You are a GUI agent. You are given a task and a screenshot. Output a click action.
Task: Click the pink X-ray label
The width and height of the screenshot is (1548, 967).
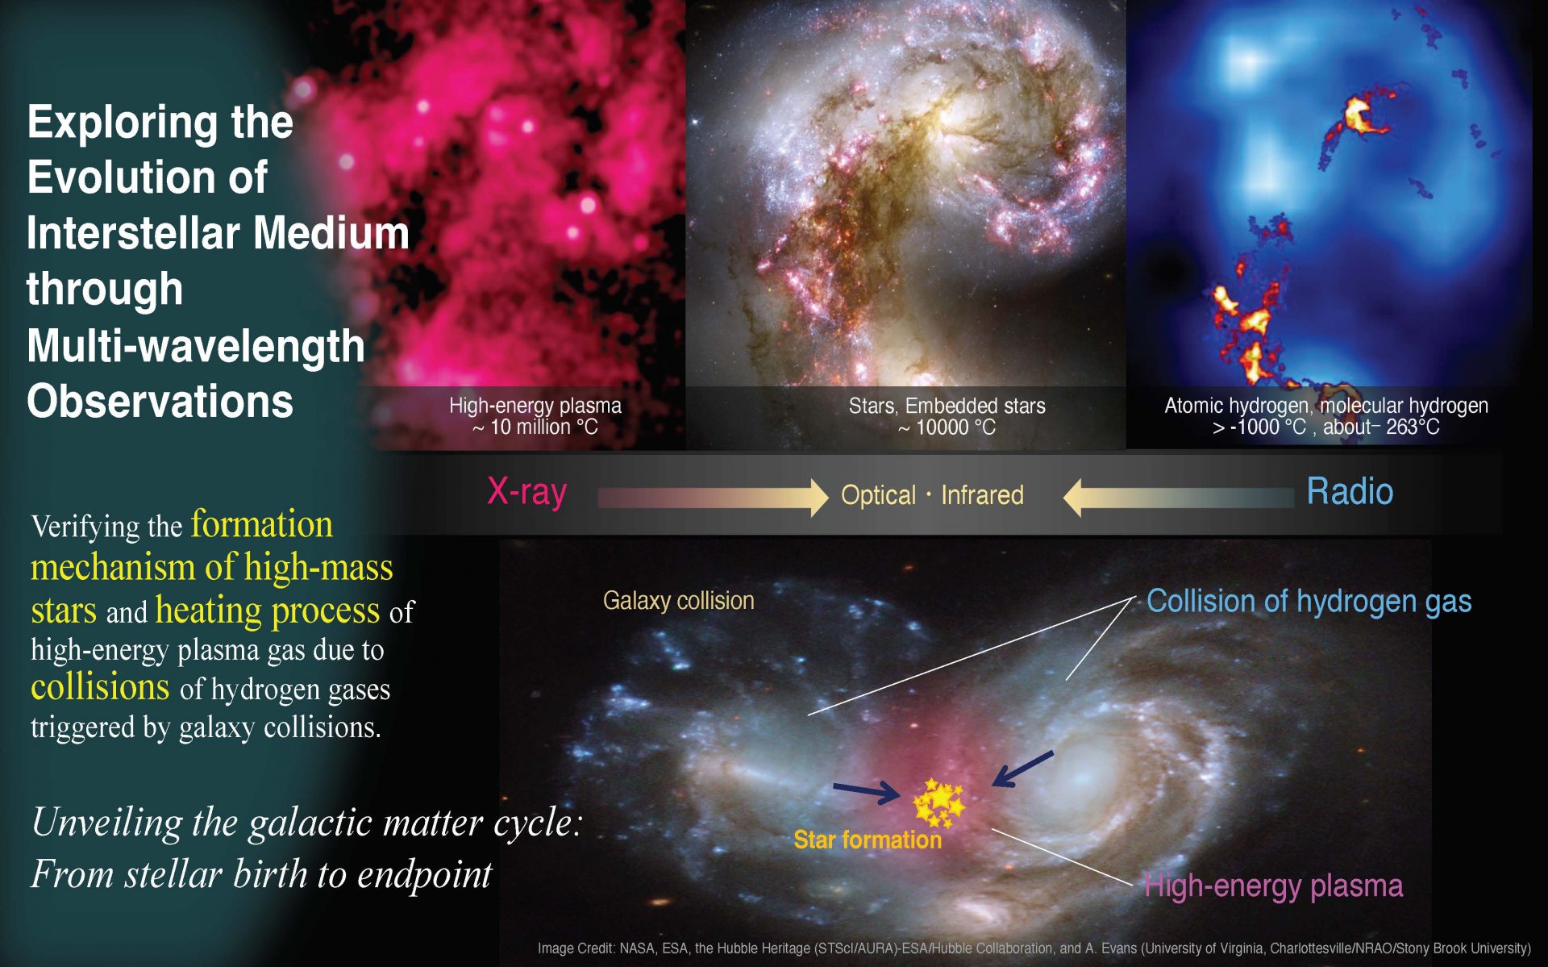click(x=527, y=492)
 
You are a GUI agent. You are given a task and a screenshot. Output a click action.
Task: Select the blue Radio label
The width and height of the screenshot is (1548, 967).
click(x=1350, y=491)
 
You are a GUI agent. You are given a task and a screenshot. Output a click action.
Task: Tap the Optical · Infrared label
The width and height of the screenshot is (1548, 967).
click(x=932, y=494)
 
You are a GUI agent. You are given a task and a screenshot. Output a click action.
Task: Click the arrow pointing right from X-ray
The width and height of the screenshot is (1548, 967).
click(x=713, y=498)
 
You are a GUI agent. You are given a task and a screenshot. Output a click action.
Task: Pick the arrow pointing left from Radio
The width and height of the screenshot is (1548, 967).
click(x=1179, y=498)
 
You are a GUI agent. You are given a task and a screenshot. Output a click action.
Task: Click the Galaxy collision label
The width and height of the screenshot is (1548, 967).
click(x=678, y=601)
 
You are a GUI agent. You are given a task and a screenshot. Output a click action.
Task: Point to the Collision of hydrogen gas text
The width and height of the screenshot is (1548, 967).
click(x=1309, y=602)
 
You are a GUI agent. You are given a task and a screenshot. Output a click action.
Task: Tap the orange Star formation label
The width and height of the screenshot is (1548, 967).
click(x=868, y=840)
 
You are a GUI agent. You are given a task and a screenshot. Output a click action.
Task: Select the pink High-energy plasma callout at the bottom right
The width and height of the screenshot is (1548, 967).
click(x=1274, y=886)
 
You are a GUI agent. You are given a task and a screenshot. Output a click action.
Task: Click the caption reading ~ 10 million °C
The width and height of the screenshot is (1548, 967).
click(x=535, y=427)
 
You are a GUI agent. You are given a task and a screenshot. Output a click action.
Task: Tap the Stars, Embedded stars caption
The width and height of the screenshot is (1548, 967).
click(x=947, y=406)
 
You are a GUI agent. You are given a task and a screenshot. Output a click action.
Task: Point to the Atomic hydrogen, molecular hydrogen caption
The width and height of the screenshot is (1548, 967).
click(x=1326, y=406)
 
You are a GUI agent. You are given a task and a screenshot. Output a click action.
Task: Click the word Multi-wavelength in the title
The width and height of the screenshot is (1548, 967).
click(x=196, y=346)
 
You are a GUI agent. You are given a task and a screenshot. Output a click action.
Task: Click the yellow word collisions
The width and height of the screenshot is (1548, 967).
click(x=100, y=687)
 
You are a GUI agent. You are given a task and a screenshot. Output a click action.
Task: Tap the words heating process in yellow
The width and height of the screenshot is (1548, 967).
click(x=268, y=611)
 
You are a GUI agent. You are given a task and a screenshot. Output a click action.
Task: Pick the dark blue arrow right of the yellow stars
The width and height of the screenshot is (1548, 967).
click(x=1022, y=769)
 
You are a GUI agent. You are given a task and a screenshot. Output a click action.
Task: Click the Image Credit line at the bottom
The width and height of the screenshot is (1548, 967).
click(x=1034, y=948)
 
